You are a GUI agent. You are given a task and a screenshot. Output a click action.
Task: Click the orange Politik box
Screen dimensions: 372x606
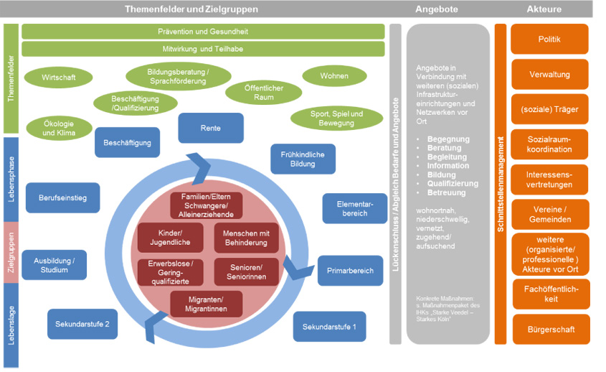coord(549,39)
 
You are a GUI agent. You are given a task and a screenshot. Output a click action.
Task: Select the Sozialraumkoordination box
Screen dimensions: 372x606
coord(549,144)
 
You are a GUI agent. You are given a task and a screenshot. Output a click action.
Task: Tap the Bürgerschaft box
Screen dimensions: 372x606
coord(549,330)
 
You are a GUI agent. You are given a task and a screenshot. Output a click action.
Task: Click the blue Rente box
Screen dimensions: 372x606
coord(211,128)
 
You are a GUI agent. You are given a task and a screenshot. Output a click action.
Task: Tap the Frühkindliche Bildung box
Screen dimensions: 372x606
coord(303,159)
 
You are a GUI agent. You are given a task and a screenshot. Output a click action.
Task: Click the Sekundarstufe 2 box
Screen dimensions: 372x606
coord(82,324)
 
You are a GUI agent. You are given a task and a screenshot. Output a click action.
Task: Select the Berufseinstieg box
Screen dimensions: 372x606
coord(62,197)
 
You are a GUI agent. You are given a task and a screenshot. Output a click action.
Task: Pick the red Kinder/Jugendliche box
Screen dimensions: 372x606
coord(171,238)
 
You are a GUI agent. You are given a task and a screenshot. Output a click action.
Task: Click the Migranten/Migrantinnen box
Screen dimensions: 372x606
coord(207,304)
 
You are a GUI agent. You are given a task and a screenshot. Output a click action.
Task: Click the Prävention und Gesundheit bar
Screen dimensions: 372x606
coord(203,32)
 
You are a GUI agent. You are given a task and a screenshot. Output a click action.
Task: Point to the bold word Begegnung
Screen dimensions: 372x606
coord(448,139)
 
